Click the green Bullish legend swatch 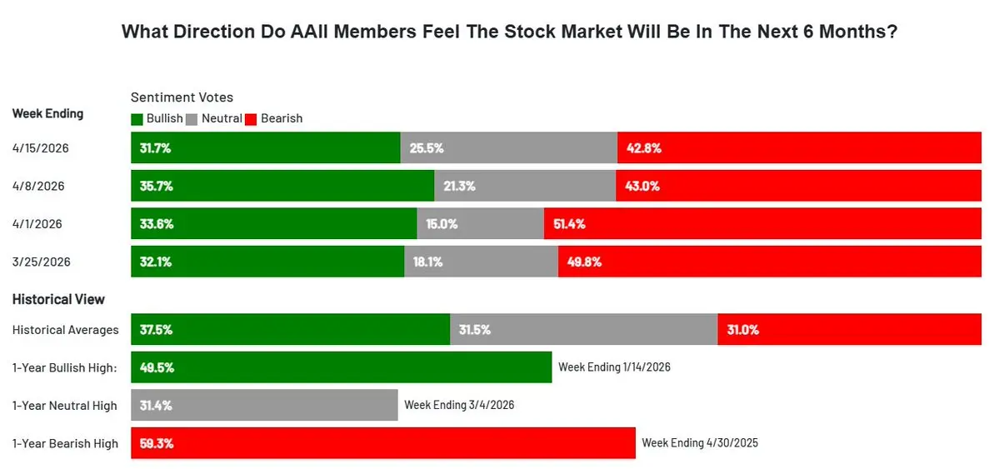[x=137, y=119]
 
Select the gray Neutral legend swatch [x=191, y=119]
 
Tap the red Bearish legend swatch [x=252, y=119]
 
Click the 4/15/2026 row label [x=41, y=148]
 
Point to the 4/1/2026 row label [x=37, y=223]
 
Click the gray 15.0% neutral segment [x=481, y=223]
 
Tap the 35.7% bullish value [x=157, y=186]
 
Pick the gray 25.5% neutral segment [x=509, y=148]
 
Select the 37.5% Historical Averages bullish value [x=157, y=330]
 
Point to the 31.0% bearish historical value [x=742, y=330]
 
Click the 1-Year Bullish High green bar [x=342, y=367]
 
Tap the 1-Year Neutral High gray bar [x=265, y=406]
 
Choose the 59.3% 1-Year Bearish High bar [x=383, y=443]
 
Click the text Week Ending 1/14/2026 [x=614, y=367]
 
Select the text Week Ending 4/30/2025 [x=700, y=443]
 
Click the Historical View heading [x=58, y=299]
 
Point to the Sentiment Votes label [x=182, y=97]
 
